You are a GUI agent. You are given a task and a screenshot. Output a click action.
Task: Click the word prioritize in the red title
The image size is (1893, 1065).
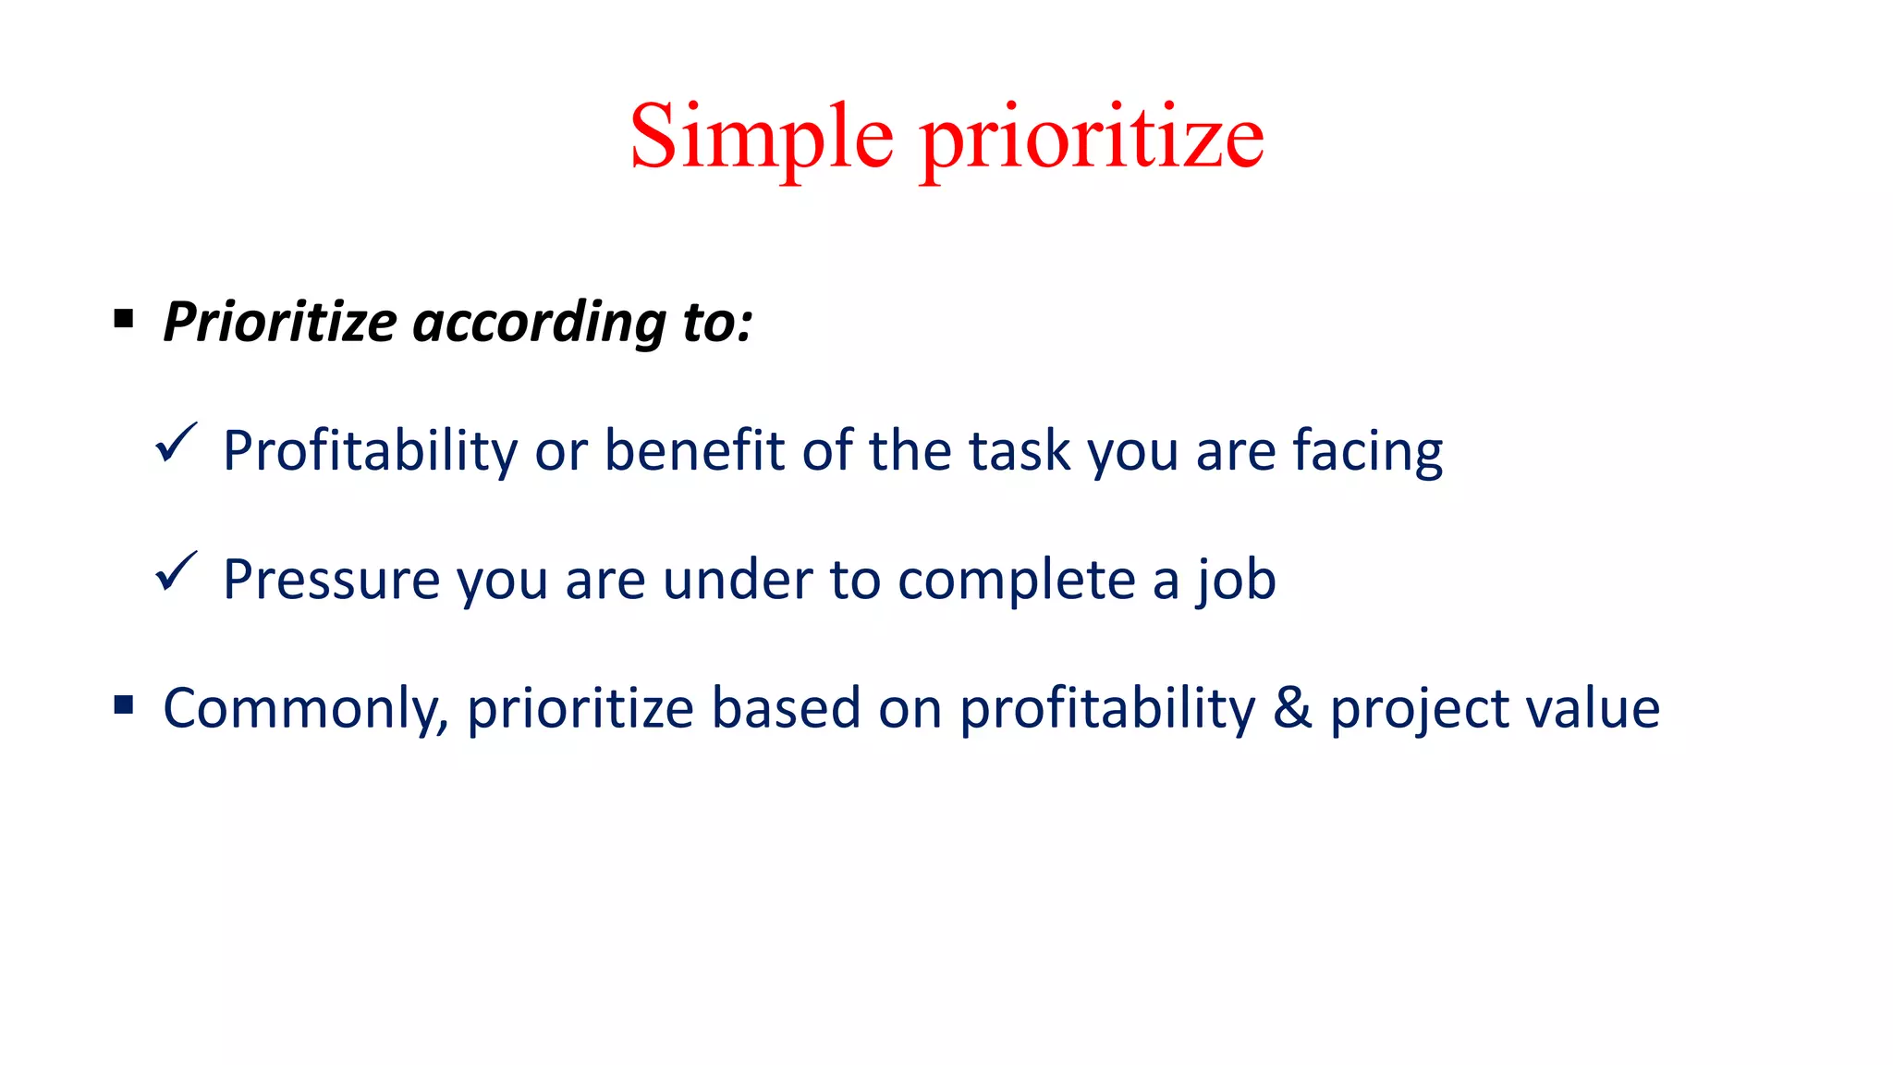point(1092,139)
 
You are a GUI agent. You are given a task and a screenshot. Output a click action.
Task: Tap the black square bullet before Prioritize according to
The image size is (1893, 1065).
point(124,320)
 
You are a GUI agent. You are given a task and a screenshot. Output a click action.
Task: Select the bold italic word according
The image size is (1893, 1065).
point(539,323)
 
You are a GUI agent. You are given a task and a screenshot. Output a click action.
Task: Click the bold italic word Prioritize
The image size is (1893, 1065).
point(280,323)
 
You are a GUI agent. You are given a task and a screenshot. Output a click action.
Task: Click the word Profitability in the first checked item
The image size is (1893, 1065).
point(371,451)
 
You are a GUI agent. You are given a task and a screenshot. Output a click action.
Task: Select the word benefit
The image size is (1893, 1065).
point(694,451)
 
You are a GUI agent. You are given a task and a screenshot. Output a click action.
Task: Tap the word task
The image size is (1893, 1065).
point(1020,451)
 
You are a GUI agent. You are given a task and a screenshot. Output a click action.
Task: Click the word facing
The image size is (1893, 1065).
point(1367,451)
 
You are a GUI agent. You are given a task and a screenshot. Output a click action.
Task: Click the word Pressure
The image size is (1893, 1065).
point(331,580)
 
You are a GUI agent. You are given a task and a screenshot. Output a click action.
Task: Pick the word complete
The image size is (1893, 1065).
point(1016,580)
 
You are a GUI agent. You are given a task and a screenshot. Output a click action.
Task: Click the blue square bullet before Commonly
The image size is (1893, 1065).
point(124,706)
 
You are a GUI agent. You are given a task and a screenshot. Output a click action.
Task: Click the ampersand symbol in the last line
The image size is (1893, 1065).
point(1292,708)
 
